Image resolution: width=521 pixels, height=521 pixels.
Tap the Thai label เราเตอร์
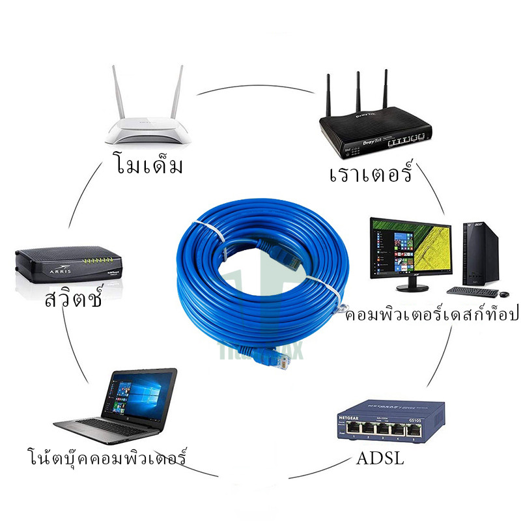pos(371,173)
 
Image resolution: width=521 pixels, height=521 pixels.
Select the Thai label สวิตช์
pos(74,301)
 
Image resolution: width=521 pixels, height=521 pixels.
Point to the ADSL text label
pos(380,458)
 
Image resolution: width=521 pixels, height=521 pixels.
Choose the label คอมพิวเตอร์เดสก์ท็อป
pos(431,315)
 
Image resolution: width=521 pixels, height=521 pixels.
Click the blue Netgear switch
pos(390,423)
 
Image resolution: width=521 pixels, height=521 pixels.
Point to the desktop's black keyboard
pos(472,292)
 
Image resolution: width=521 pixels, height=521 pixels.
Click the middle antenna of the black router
pos(358,91)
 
